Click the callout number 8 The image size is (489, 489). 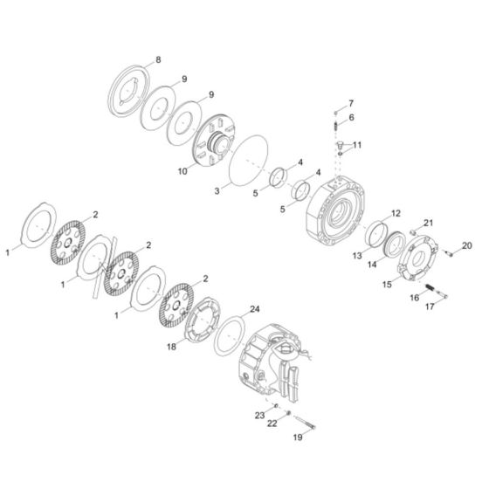pyautogui.click(x=158, y=59)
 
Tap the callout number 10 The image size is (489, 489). pyautogui.click(x=183, y=172)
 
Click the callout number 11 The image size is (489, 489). pyautogui.click(x=356, y=144)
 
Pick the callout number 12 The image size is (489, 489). pyautogui.click(x=395, y=213)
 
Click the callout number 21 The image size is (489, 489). pyautogui.click(x=428, y=223)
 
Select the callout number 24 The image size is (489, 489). pyautogui.click(x=255, y=309)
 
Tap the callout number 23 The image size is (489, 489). pyautogui.click(x=259, y=414)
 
